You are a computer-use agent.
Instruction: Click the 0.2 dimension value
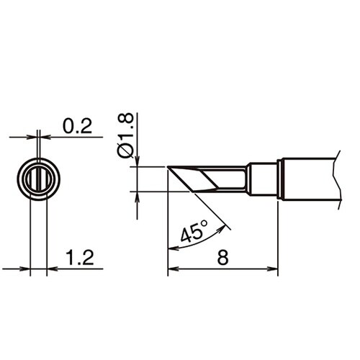point(77,126)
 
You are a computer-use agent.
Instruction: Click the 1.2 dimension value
point(79,258)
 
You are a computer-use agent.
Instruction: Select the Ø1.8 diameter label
point(126,135)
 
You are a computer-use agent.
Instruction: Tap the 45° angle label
point(194,232)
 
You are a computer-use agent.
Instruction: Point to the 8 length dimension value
point(223,258)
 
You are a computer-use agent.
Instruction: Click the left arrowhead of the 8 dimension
point(173,269)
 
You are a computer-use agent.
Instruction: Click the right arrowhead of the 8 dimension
point(273,269)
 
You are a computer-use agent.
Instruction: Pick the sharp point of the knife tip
point(168,166)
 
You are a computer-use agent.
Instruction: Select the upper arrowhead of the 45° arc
point(222,229)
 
